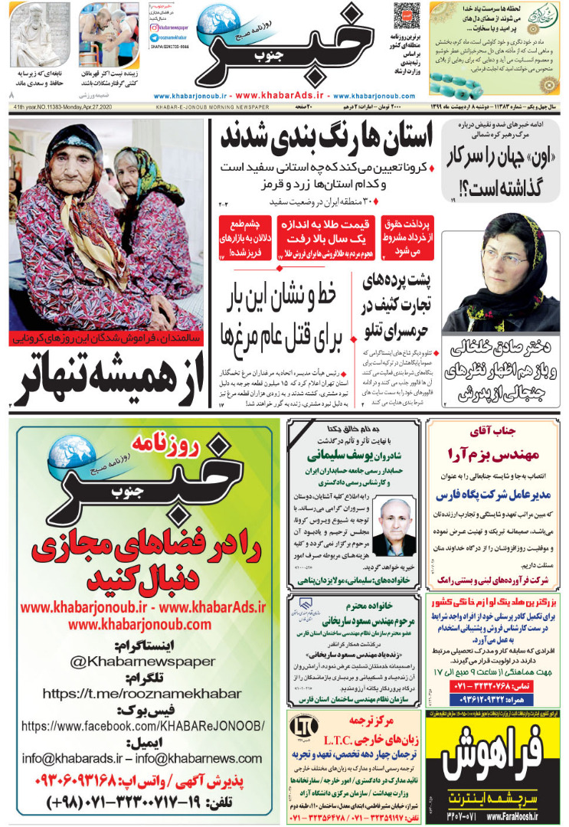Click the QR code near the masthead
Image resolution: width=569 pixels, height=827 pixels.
pyautogui.click(x=407, y=16)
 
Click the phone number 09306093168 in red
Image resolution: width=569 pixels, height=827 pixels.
pyautogui.click(x=145, y=782)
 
